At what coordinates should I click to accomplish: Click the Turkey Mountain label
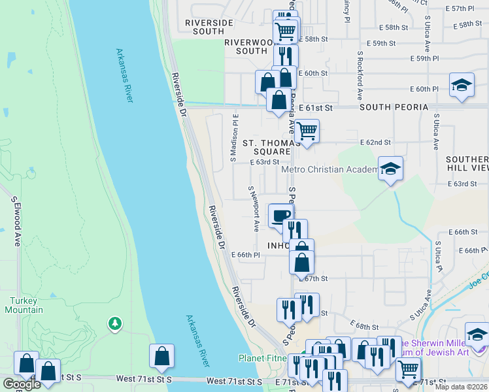26,305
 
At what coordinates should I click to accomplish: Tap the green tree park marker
115,323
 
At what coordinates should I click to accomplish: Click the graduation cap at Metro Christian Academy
391,168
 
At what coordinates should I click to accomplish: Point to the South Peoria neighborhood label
393,106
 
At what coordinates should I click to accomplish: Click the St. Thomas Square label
266,147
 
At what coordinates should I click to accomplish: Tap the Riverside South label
209,27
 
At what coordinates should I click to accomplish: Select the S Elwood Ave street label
16,222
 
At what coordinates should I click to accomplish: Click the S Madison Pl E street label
233,139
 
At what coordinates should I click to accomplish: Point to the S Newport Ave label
253,208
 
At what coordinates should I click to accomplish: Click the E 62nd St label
375,142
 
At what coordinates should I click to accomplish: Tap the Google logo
21,384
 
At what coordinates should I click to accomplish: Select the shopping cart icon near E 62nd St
306,131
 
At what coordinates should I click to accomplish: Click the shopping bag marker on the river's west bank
161,356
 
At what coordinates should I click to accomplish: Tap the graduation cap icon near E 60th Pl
462,85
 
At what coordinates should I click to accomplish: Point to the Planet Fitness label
264,358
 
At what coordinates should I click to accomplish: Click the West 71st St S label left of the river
144,379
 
